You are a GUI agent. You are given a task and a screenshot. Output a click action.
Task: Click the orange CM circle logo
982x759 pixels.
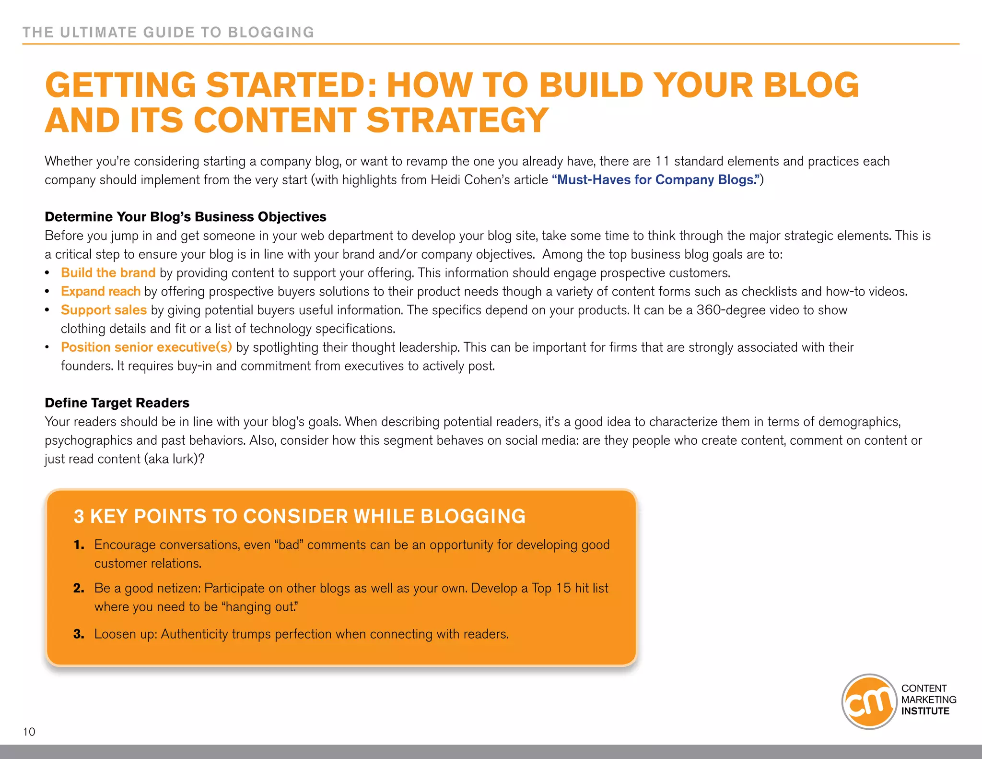pos(869,701)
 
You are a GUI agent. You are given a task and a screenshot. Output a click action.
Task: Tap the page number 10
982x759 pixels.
pos(29,732)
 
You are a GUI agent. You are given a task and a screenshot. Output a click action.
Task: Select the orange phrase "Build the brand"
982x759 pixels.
pos(108,273)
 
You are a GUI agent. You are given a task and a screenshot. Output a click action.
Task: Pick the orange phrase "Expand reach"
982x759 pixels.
pos(101,291)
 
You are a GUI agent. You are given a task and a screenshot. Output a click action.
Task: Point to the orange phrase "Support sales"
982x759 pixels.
pos(104,310)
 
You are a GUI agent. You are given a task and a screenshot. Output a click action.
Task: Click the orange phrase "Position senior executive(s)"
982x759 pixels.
pos(146,347)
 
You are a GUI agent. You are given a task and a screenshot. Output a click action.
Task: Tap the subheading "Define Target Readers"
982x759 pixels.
pos(117,403)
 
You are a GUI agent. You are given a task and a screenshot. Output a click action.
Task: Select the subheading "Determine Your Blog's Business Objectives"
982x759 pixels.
pos(185,217)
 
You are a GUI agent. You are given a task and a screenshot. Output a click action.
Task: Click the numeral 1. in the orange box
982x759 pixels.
pos(79,545)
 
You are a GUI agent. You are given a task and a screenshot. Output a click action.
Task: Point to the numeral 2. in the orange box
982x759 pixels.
pos(79,588)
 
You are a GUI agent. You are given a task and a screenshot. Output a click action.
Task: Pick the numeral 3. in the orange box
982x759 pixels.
pos(79,634)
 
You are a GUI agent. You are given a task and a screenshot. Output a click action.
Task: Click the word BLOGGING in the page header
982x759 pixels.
pos(271,32)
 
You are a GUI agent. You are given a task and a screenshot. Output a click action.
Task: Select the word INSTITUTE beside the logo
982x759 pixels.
pos(925,711)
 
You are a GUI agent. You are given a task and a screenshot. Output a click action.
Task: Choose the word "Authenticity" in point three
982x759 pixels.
pos(194,634)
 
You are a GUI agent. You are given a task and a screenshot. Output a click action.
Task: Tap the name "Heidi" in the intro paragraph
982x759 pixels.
pos(445,180)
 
